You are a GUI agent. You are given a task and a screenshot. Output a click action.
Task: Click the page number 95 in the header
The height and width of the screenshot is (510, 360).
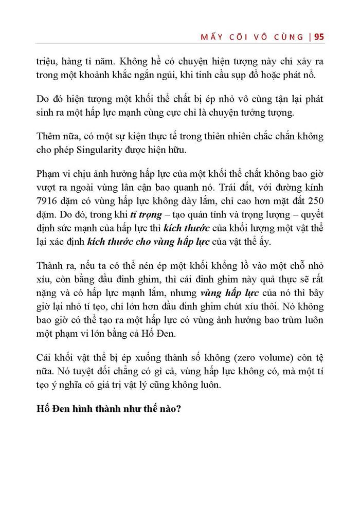[x=318, y=37]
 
